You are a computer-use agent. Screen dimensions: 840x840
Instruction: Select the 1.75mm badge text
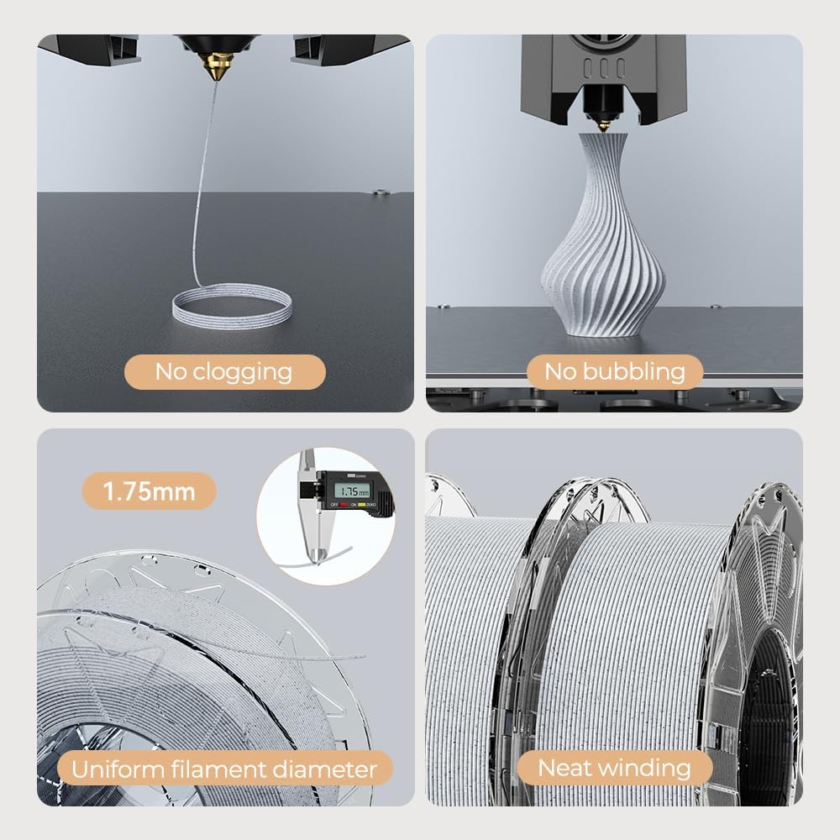click(149, 491)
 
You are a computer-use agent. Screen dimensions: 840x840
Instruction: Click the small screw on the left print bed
click(381, 192)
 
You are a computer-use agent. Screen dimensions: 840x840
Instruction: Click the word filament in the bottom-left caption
click(218, 769)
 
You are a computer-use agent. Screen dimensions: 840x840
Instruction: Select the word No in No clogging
click(171, 372)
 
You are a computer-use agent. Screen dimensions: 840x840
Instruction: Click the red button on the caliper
click(344, 504)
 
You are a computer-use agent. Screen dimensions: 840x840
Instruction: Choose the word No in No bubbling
click(560, 372)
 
